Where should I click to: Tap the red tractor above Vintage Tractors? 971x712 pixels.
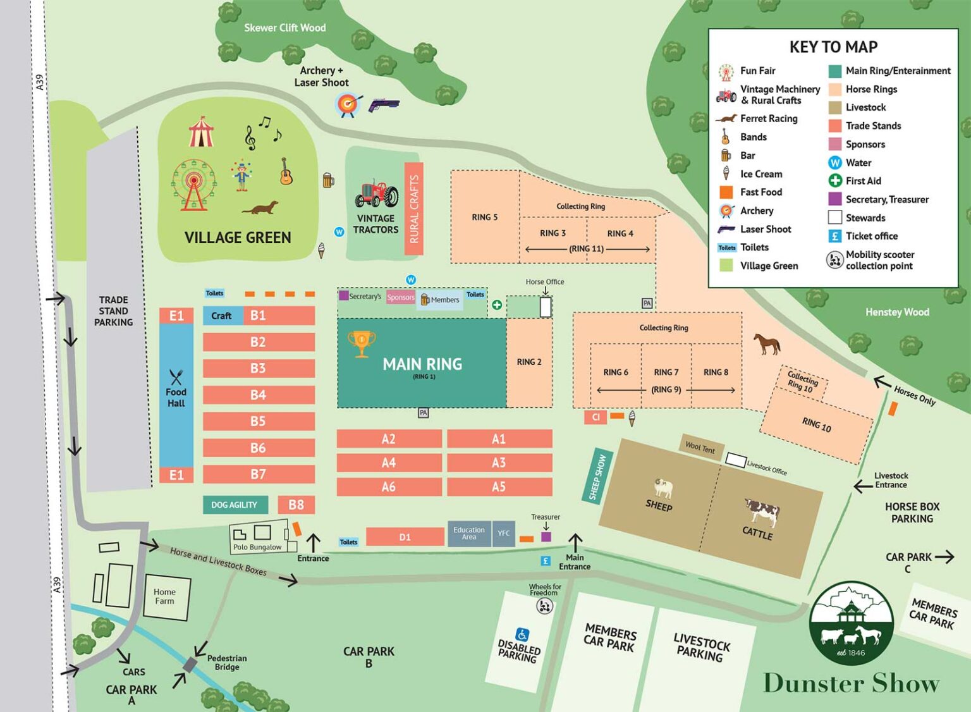tap(376, 193)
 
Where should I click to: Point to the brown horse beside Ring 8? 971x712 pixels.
tap(767, 344)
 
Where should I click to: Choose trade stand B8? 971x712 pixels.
tap(296, 505)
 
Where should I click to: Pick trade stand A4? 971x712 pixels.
tap(389, 463)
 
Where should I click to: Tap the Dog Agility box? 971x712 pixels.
tap(235, 505)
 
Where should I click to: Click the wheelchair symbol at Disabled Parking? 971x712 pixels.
tap(522, 634)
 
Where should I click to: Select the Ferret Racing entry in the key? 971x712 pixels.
tap(768, 118)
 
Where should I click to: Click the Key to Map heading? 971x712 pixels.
tap(833, 47)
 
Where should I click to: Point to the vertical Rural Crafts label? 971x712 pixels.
tap(414, 209)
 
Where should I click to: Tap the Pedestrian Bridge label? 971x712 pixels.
tap(226, 662)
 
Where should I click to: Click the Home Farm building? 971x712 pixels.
tap(166, 596)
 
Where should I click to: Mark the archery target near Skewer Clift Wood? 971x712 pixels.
tap(347, 104)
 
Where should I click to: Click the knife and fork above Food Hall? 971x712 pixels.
tap(176, 377)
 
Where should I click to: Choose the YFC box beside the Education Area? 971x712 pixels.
tap(503, 533)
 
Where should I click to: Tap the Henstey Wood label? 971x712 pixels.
tap(897, 312)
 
